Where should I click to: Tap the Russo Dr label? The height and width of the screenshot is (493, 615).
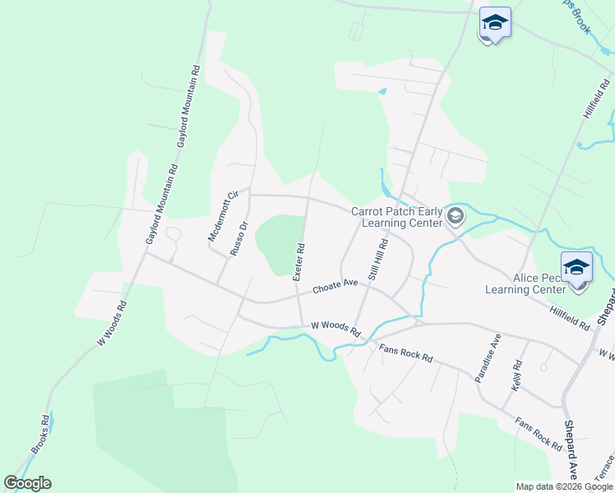[238, 238]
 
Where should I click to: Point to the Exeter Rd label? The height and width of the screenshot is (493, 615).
[299, 261]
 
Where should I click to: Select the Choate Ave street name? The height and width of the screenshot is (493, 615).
[335, 287]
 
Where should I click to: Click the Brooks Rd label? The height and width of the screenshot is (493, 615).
[40, 434]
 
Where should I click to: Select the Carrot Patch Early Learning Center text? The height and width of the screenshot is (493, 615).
[397, 217]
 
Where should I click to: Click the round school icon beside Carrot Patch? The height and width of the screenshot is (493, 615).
[456, 216]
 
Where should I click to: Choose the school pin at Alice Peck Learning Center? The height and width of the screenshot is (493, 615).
[576, 266]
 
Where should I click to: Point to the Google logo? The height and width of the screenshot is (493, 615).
[27, 483]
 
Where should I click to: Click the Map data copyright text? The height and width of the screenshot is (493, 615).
[563, 486]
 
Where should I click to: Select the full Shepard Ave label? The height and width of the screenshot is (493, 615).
[571, 449]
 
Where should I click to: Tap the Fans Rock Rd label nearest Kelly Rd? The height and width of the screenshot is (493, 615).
[539, 434]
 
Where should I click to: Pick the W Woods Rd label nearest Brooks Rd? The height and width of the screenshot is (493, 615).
[112, 323]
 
